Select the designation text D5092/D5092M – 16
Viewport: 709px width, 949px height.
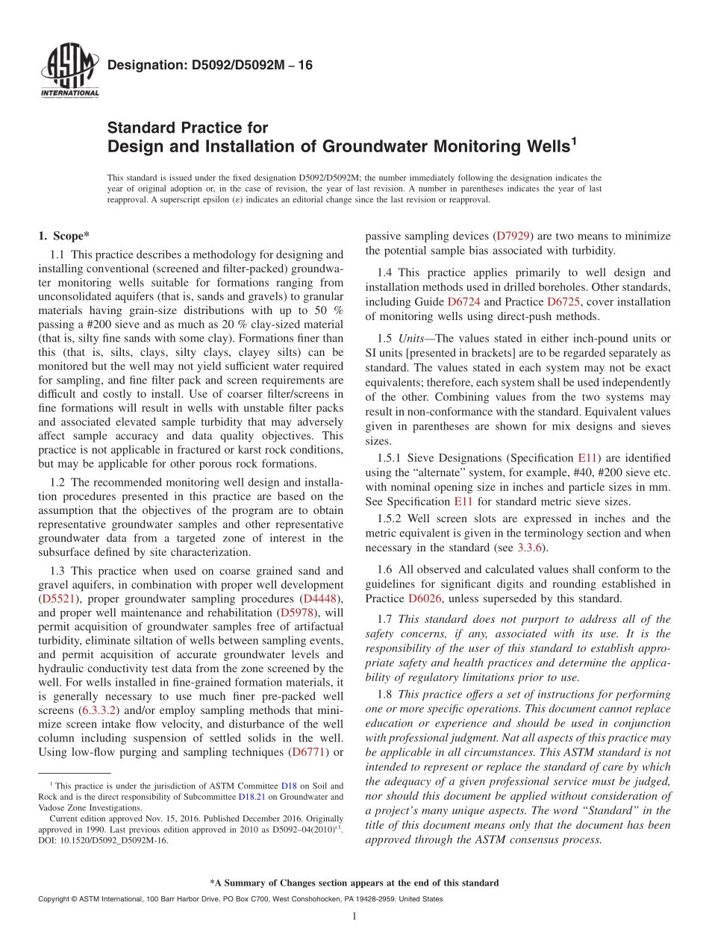coord(210,66)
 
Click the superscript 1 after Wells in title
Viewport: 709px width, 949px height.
coord(573,139)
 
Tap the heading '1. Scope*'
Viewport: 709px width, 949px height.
coord(64,237)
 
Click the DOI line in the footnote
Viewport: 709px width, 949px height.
coord(103,840)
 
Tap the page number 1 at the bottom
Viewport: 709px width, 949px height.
coord(354,917)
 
